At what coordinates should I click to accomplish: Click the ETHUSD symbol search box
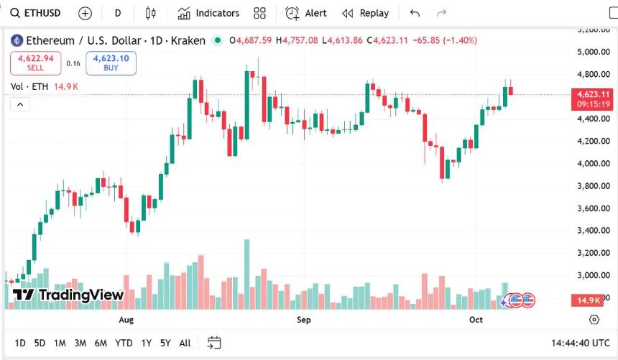36,13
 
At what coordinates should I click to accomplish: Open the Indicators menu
208,13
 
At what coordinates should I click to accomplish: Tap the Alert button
306,13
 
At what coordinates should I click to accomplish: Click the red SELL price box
35,63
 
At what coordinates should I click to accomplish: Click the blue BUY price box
111,63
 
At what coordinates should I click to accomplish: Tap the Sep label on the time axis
304,320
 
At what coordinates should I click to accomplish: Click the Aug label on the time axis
126,320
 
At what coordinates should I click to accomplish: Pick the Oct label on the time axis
476,320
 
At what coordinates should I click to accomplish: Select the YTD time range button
124,343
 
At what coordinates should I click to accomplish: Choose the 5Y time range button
165,343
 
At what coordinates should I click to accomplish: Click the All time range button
185,343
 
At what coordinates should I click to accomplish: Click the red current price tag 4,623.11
593,94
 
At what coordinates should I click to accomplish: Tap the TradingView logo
69,295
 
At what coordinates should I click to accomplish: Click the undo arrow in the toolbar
415,13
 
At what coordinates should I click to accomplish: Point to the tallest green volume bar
246,273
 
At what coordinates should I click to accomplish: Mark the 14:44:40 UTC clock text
581,343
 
